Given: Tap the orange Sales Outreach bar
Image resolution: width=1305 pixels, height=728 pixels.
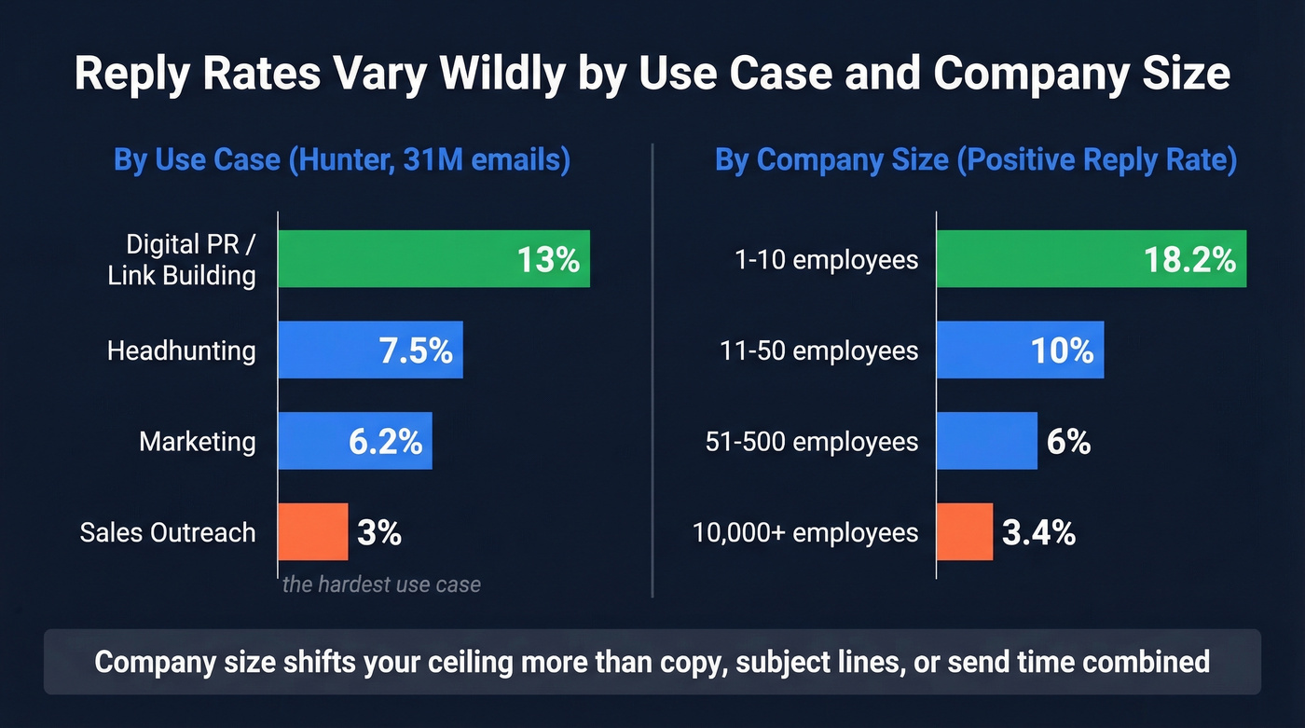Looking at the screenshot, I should (313, 532).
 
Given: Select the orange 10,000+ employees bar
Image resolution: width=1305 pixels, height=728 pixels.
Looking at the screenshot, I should (965, 532).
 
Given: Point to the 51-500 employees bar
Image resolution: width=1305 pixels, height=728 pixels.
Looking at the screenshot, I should (986, 441).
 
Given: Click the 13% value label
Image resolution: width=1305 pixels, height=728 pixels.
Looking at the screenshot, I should (548, 259).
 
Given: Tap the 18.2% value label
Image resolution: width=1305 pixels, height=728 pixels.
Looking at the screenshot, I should (1188, 259).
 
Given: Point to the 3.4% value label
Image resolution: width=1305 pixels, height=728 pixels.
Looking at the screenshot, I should (1038, 533).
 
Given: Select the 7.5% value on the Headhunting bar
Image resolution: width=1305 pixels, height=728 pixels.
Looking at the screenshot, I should (416, 350).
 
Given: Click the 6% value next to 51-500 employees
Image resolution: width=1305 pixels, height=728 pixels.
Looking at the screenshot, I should (1068, 441).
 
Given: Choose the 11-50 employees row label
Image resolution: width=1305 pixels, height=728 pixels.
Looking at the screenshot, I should (818, 350).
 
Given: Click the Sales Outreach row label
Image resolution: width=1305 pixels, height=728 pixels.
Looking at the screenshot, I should (168, 532).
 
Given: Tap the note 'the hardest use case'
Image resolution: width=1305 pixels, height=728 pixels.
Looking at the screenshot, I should (381, 585).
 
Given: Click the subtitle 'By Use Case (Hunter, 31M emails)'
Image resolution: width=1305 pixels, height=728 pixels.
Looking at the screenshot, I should (341, 159).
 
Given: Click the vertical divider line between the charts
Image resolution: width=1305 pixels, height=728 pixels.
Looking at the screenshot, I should (652, 373).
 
